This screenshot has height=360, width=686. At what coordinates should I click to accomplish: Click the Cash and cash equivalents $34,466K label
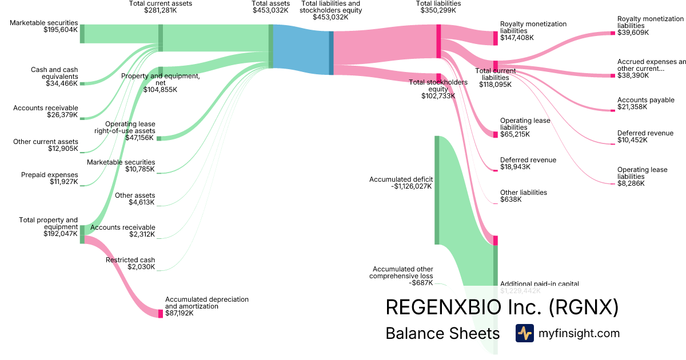[x=54, y=77]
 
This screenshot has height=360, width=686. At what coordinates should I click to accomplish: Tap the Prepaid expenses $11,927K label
[x=49, y=179]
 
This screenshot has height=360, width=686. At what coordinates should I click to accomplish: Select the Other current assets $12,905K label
[x=46, y=145]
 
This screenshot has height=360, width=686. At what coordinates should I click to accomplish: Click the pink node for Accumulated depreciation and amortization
[x=161, y=313]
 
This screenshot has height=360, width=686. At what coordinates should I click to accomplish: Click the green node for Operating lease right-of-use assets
[x=159, y=138]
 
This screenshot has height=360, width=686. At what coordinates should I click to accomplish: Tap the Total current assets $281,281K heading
[x=161, y=7]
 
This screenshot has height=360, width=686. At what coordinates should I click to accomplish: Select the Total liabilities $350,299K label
[x=438, y=7]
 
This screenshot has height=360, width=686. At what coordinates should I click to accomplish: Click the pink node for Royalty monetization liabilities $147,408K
[x=496, y=38]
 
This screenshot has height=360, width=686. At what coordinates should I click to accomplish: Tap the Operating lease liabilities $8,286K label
[x=642, y=177]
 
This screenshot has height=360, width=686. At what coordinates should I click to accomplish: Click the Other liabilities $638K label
[x=523, y=196]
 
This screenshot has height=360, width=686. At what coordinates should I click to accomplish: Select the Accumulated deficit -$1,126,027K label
[x=400, y=183]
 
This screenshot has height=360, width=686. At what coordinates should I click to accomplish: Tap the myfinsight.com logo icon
[x=524, y=333]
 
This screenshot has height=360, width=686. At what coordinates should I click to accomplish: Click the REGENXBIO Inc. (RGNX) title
[x=502, y=307]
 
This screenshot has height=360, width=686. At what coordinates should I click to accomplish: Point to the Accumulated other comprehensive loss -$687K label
[x=402, y=276]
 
